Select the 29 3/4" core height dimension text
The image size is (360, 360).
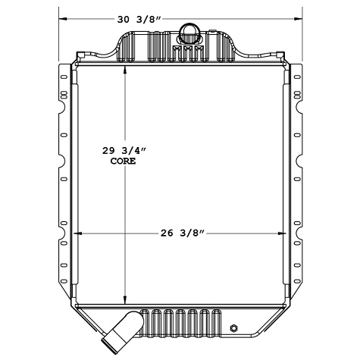[124, 152]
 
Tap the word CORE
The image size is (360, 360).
[123, 161]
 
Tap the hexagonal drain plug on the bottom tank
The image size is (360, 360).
[234, 328]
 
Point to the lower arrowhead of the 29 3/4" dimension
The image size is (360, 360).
[126, 298]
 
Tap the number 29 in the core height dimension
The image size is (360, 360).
[111, 152]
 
